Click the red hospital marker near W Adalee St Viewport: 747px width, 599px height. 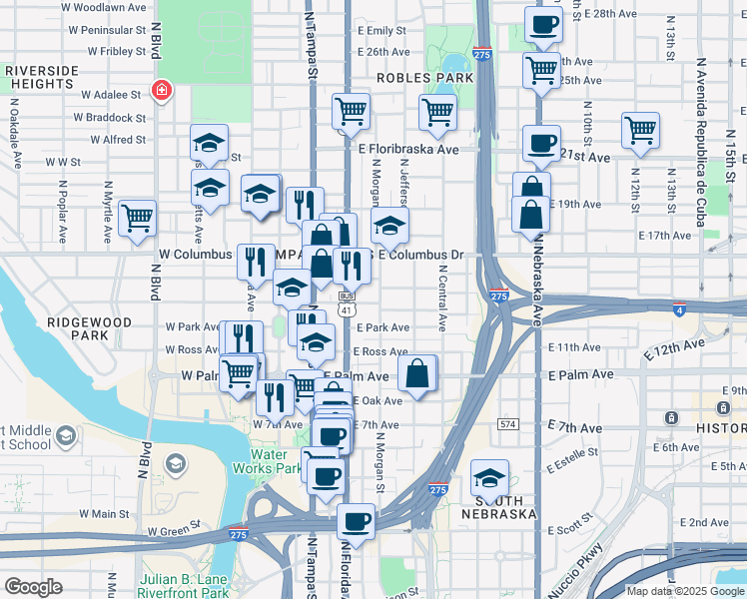pos(159,92)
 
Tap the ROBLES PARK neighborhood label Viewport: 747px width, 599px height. pos(424,77)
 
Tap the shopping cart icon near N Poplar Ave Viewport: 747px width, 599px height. pos(137,217)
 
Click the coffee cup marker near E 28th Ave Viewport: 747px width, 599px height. pos(543,24)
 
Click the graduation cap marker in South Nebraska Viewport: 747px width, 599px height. pos(489,475)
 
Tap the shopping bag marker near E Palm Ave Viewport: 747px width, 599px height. pos(418,373)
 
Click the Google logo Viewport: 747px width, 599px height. pos(34,586)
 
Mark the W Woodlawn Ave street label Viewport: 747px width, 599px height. pos(104,7)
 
